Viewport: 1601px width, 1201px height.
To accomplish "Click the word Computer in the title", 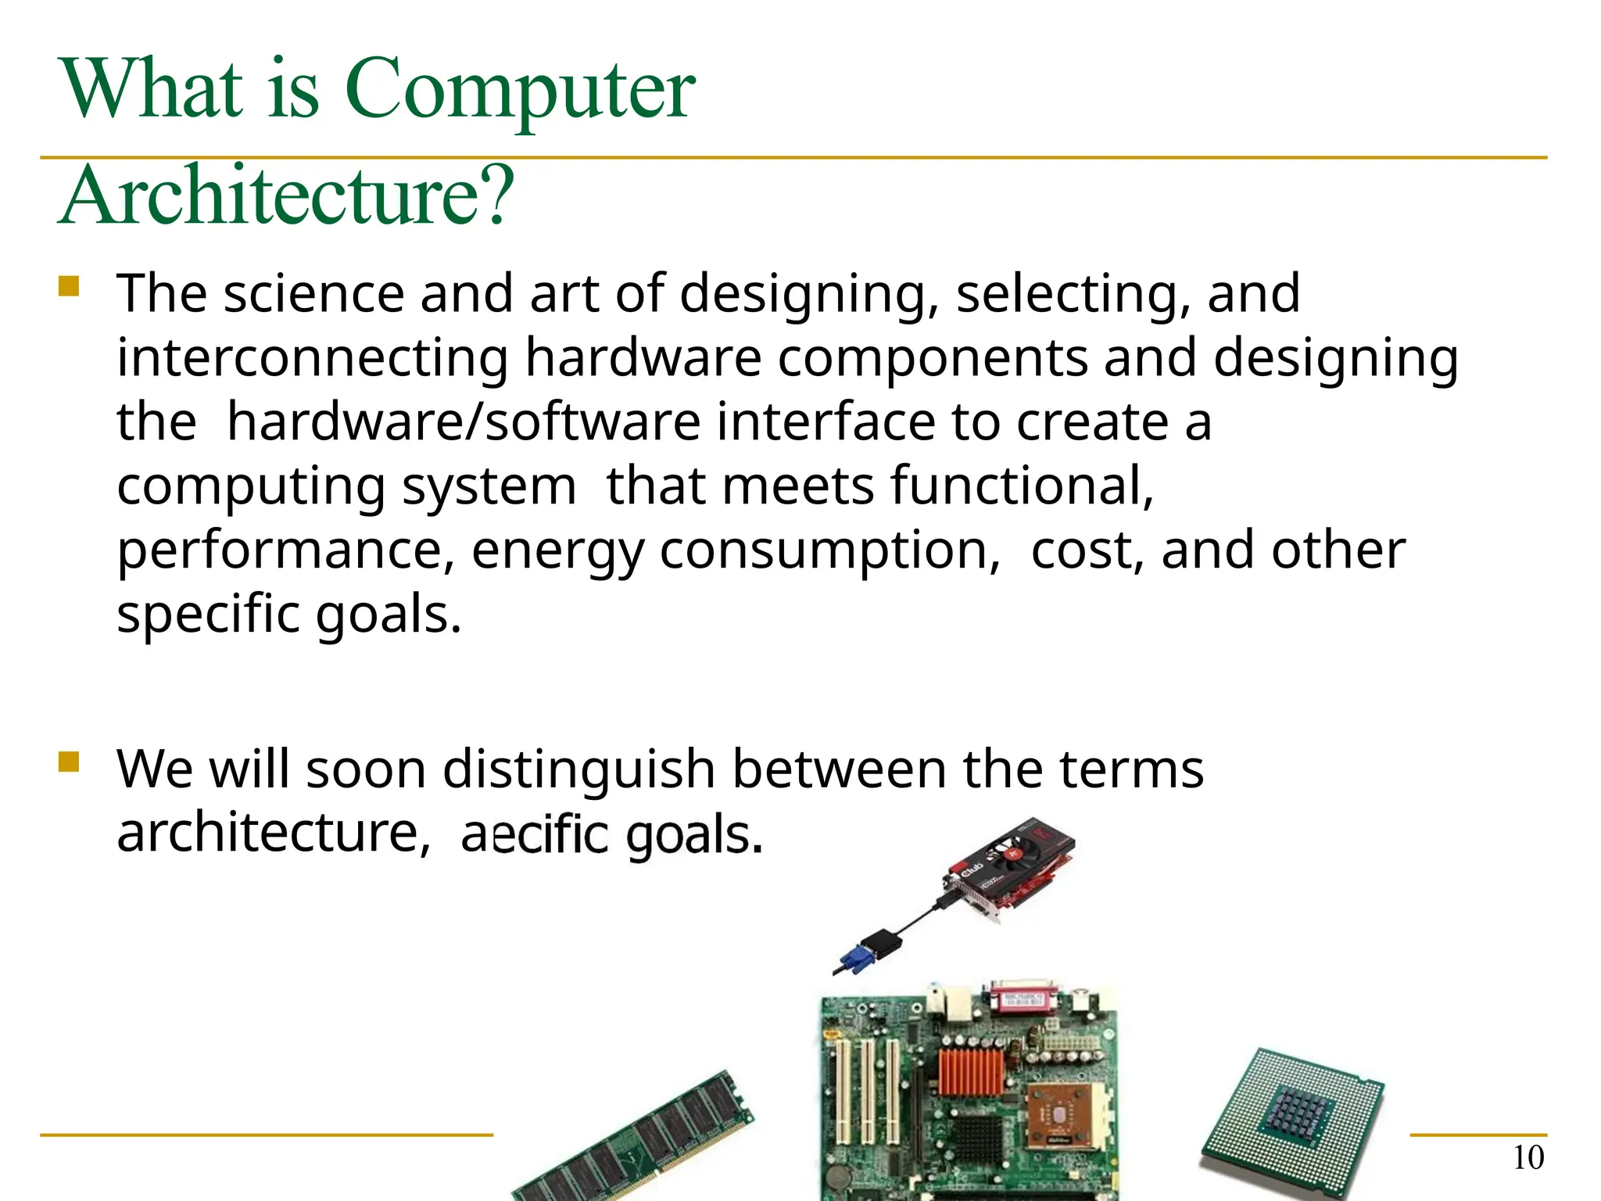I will [519, 90].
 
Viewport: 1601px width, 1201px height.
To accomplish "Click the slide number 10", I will [1528, 1158].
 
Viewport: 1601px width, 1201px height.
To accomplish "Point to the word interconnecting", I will [313, 357].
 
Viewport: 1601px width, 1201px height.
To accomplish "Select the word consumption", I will [829, 550].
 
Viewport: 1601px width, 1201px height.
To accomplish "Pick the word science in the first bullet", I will [313, 293].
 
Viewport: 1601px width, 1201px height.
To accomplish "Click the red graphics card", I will [1016, 868].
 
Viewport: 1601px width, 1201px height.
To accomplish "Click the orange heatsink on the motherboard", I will [969, 1071].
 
